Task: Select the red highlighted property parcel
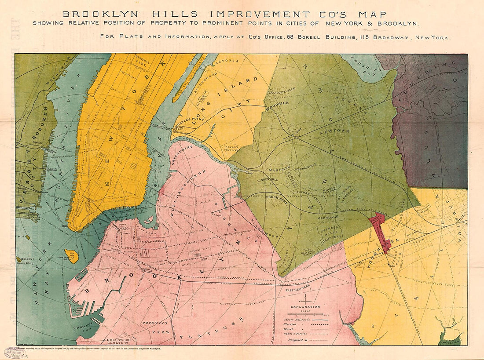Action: click(380, 231)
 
